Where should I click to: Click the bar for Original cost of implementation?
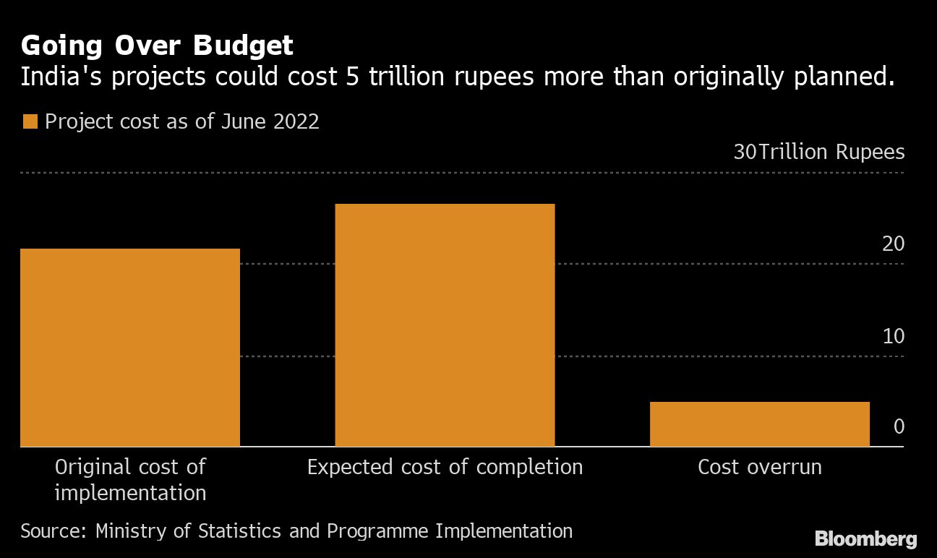[130, 347]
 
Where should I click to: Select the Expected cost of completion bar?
[445, 325]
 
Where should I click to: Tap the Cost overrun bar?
[759, 424]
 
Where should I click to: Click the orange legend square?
[30, 121]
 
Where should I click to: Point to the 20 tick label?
[894, 244]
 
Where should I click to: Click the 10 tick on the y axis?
[894, 336]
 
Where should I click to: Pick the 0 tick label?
[899, 426]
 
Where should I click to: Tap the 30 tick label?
[745, 153]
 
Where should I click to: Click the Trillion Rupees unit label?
[831, 153]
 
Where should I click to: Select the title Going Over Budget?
[157, 46]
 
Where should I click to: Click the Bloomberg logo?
[865, 538]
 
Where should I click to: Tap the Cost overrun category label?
[759, 467]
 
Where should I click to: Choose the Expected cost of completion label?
[445, 467]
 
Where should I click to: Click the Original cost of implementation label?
[130, 480]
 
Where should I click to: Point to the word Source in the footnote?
[53, 531]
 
